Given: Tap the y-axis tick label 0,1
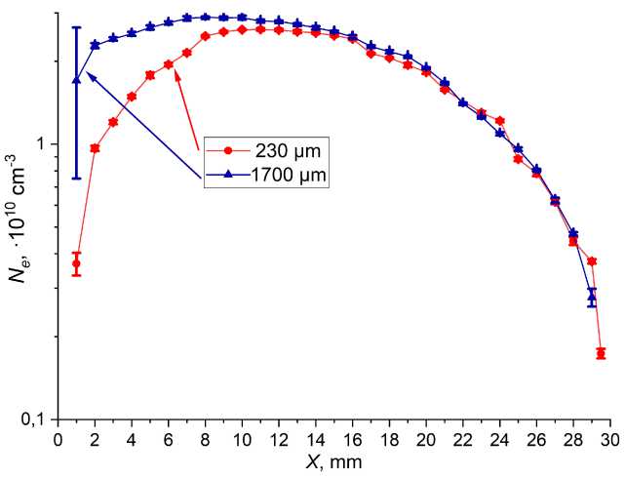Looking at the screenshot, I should (36, 419).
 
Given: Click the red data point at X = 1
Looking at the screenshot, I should (76, 263).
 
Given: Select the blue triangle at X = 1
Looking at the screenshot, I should (76, 80).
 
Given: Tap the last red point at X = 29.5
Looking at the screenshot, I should (601, 353).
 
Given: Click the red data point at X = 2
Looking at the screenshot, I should (95, 148).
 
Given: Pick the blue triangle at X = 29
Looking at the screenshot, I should (591, 293).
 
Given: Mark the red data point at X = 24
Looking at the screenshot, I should (499, 121).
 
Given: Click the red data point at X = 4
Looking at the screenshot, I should (132, 97).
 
